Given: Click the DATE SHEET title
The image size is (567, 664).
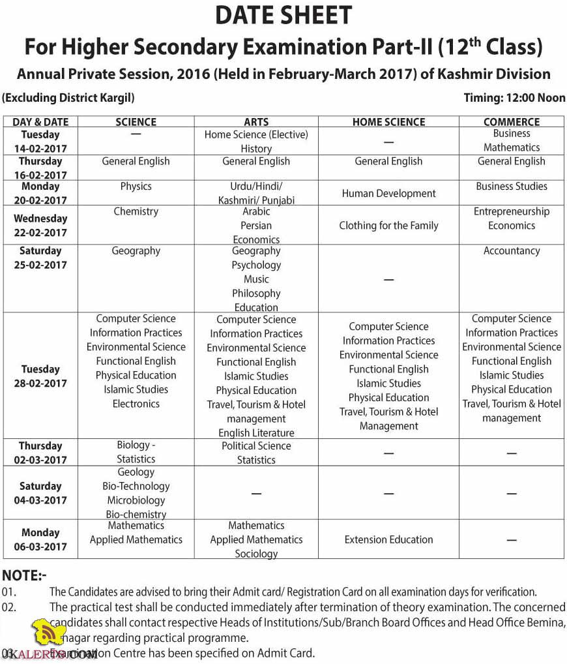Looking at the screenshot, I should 283,15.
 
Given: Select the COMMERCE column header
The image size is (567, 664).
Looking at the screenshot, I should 512,122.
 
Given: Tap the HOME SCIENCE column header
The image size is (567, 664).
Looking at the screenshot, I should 388,122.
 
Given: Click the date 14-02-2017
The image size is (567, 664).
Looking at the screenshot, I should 40,149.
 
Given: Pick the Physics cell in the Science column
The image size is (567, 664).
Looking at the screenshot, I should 136,187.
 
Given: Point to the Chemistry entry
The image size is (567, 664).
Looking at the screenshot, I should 136,211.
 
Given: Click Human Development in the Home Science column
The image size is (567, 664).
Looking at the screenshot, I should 388,194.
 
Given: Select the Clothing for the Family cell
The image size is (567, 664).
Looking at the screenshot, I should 388,226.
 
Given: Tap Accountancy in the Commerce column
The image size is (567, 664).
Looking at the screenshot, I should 512,251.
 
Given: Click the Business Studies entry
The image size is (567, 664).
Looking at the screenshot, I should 512,187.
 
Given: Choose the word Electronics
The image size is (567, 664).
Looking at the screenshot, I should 136,404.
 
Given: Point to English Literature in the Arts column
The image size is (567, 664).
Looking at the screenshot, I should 256,433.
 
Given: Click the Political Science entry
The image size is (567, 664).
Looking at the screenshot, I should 256,446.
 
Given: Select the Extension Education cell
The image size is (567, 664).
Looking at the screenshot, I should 388,540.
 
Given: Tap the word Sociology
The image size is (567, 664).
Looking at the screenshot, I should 256,554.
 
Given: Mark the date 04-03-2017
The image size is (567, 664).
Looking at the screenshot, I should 40,501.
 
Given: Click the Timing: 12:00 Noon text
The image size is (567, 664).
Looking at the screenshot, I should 514,98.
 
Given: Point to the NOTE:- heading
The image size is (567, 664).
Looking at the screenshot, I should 25,576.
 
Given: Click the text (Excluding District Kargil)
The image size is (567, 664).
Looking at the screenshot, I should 68,98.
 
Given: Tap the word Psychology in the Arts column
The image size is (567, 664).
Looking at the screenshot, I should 256,265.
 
